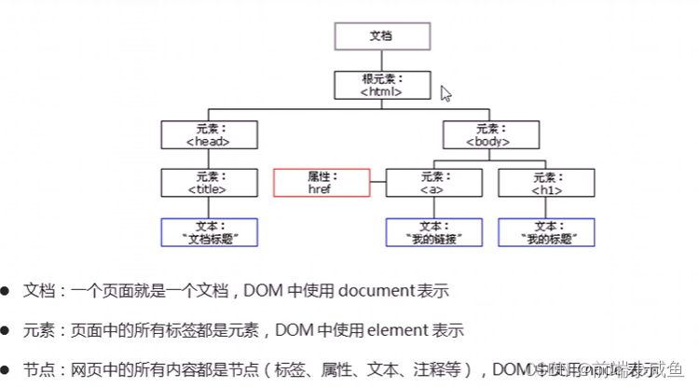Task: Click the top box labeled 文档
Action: pos(382,36)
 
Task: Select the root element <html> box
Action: pos(382,85)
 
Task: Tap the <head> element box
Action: pos(208,134)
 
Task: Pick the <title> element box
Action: pos(208,183)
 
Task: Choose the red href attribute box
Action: pos(321,183)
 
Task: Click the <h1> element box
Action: pos(545,183)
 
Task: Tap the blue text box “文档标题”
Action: pos(208,231)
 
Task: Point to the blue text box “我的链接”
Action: pos(434,231)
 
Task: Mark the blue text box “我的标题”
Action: pos(545,231)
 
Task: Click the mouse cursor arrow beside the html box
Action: pos(445,93)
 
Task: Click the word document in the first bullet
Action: pos(373,291)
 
